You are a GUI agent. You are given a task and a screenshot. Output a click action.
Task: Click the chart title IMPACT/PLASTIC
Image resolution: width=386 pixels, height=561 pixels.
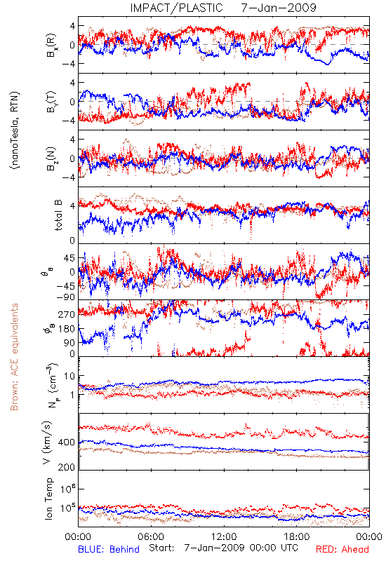176,8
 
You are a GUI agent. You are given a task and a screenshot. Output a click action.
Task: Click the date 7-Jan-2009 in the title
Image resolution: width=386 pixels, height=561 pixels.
279,8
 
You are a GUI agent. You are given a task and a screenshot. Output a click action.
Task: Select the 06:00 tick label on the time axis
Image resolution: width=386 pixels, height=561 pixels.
151,536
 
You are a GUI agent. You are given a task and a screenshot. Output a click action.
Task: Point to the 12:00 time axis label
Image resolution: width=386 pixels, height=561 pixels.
224,536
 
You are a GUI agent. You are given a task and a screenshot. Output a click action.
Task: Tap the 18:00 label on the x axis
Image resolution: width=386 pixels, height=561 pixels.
297,536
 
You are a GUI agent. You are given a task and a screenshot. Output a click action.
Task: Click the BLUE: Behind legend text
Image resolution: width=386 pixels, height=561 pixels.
109,549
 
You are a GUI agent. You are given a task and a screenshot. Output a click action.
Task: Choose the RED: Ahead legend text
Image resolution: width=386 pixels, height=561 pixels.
342,549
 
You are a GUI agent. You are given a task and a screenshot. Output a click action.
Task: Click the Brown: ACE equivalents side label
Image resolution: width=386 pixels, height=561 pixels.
14,357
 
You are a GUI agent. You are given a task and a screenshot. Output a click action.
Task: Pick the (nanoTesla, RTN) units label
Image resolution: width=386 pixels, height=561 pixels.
15,130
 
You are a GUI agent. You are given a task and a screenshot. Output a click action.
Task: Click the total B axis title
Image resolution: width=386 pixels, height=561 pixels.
58,215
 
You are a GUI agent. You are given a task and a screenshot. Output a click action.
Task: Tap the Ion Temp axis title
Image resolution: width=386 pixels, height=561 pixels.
48,499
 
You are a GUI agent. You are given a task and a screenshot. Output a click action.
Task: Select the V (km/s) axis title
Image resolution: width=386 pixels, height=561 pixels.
47,442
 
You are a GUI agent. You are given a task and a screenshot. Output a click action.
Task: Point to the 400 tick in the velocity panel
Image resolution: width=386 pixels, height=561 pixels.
66,442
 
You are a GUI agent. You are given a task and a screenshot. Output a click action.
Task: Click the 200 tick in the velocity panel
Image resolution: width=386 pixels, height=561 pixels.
66,467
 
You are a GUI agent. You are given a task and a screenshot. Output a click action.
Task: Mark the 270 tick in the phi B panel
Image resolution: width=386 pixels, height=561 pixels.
66,314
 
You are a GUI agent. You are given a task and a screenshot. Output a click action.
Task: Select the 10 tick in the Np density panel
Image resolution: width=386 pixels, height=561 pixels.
69,377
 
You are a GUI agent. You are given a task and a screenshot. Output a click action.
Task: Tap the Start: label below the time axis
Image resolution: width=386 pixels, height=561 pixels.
162,548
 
